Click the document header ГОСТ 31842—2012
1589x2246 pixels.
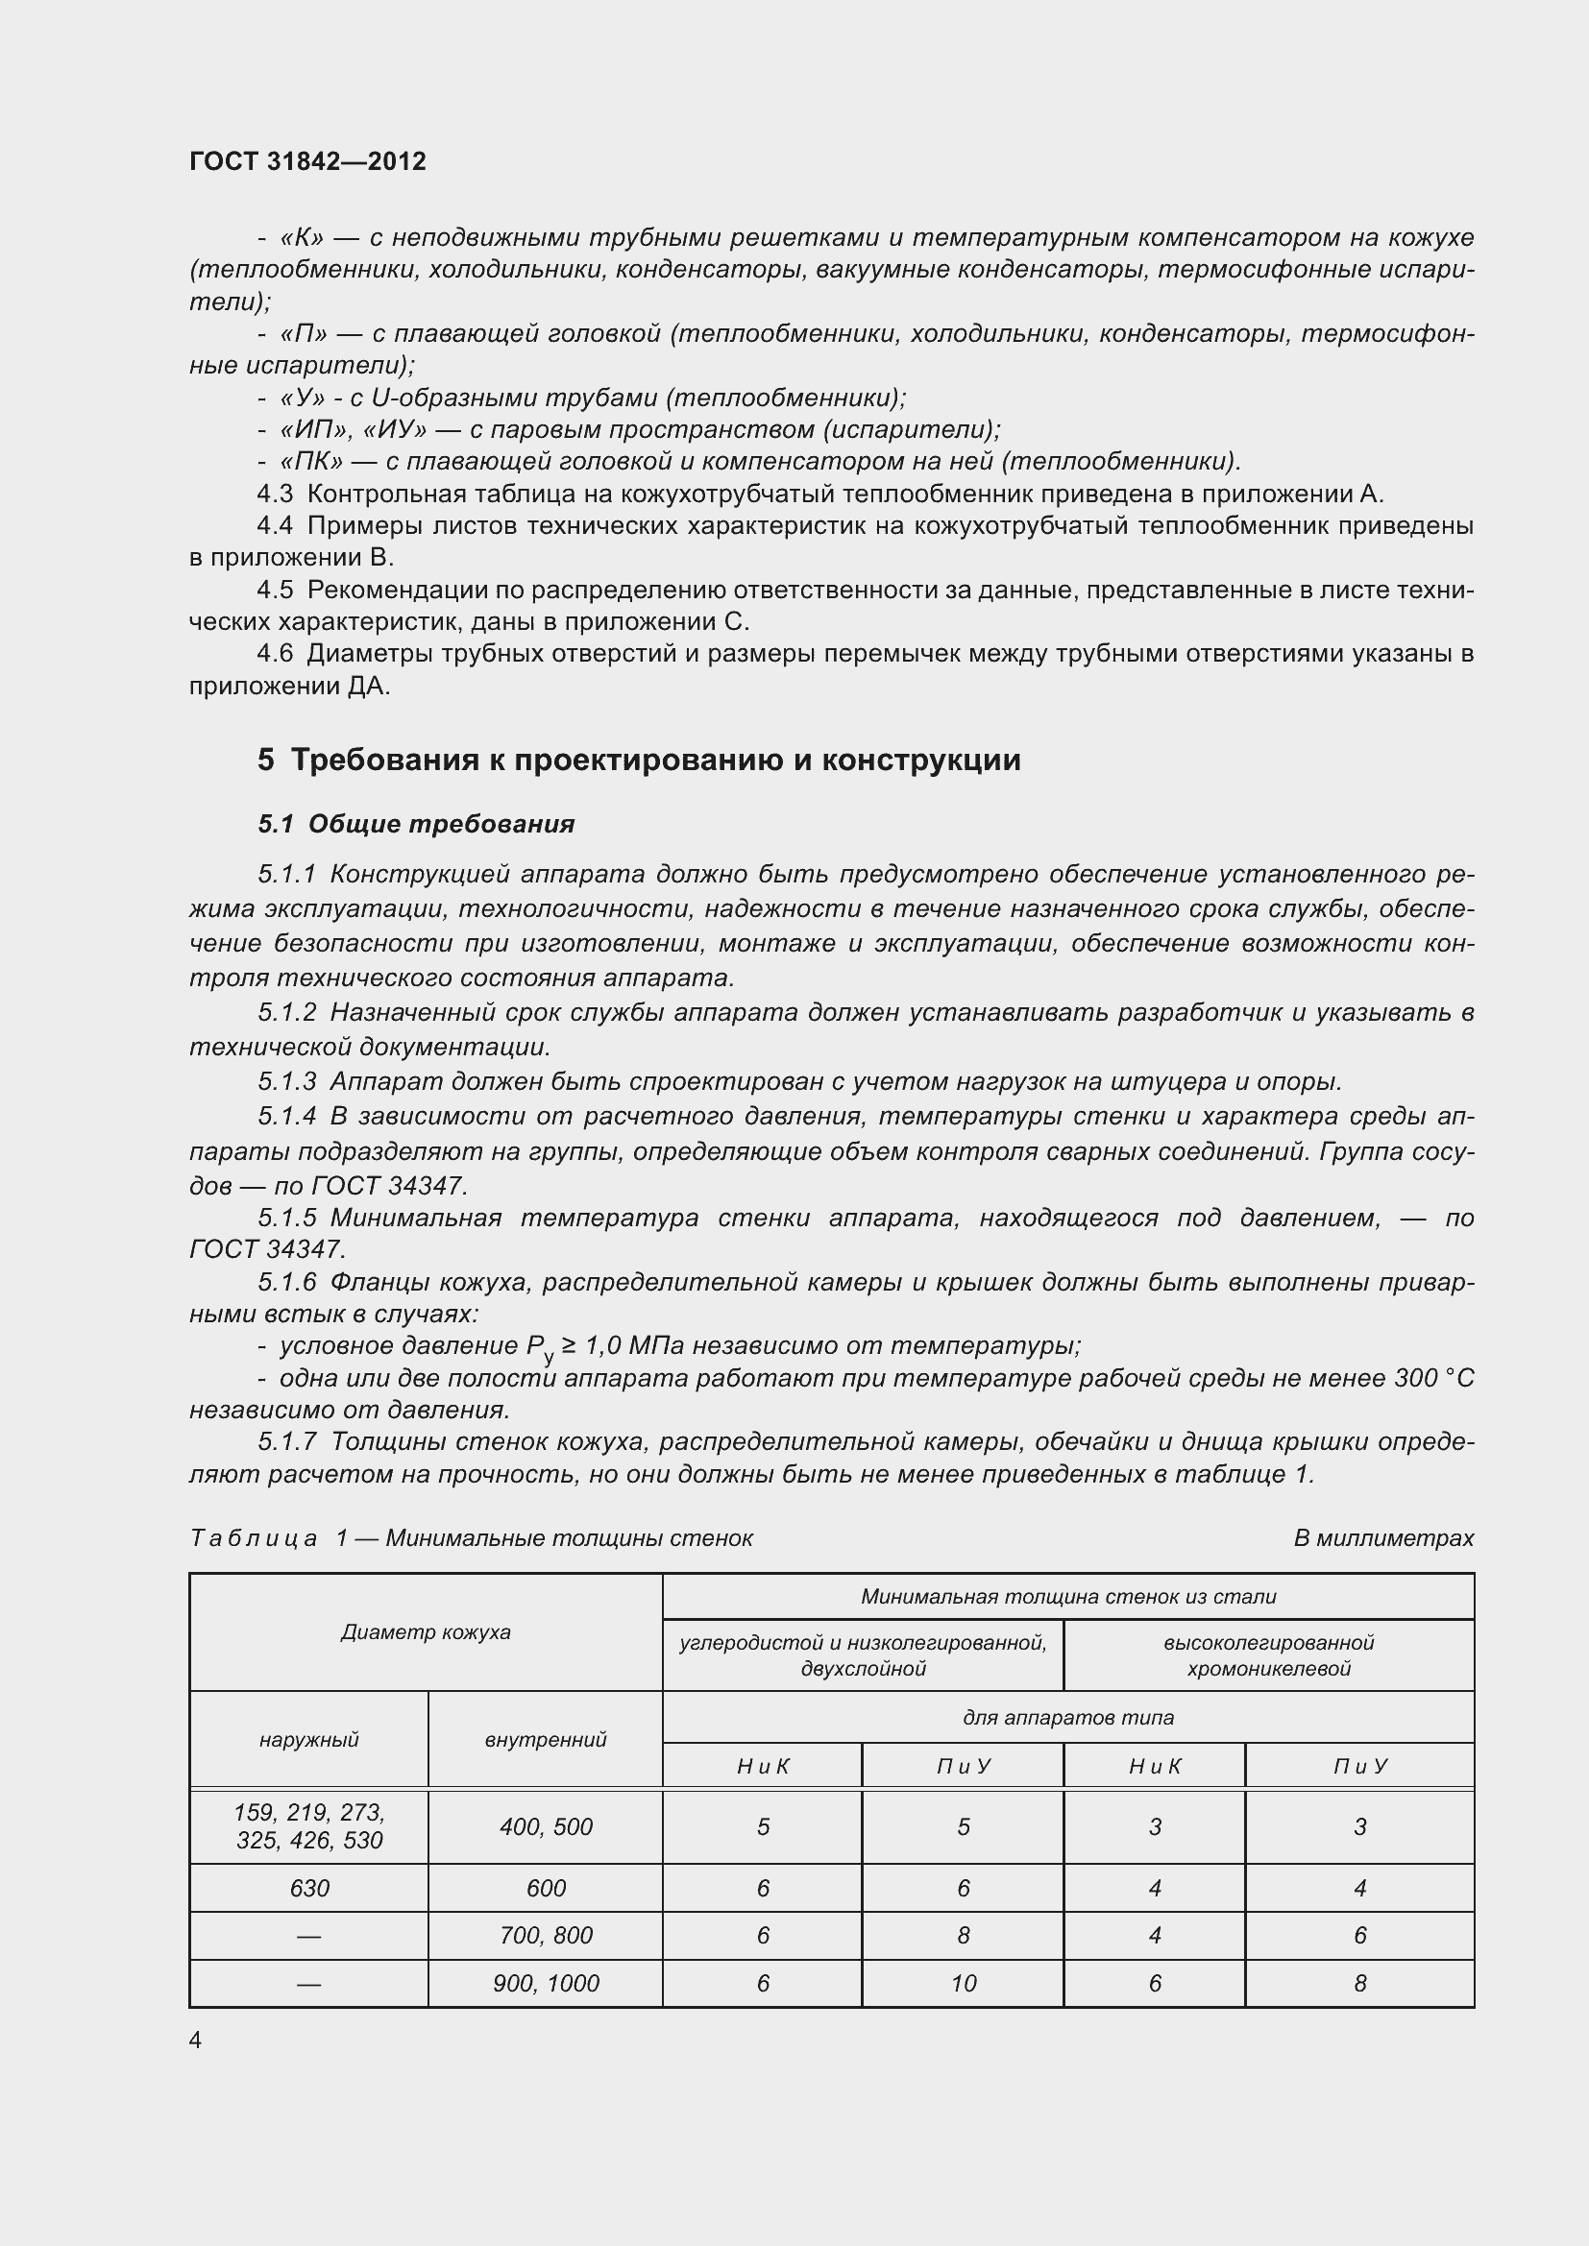[307, 161]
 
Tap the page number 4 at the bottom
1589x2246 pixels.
[196, 2040]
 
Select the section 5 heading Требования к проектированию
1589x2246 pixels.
[639, 761]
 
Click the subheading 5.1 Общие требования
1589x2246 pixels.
[416, 824]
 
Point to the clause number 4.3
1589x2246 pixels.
[275, 494]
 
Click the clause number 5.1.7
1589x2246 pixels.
[286, 1442]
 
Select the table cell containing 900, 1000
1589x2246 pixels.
[546, 1983]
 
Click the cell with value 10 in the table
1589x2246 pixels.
[963, 1983]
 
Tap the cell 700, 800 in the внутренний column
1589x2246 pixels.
[546, 1935]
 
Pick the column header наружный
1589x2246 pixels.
[309, 1739]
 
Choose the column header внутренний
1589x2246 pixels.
[546, 1739]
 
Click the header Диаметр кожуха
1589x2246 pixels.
[426, 1631]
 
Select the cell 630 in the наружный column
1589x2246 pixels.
[309, 1888]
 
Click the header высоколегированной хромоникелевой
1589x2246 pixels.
[1268, 1655]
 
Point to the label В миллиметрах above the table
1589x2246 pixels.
[1382, 1537]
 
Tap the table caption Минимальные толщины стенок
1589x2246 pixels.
[570, 1537]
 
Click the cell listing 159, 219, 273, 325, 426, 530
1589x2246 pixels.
[309, 1826]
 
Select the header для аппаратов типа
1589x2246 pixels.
[1067, 1717]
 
